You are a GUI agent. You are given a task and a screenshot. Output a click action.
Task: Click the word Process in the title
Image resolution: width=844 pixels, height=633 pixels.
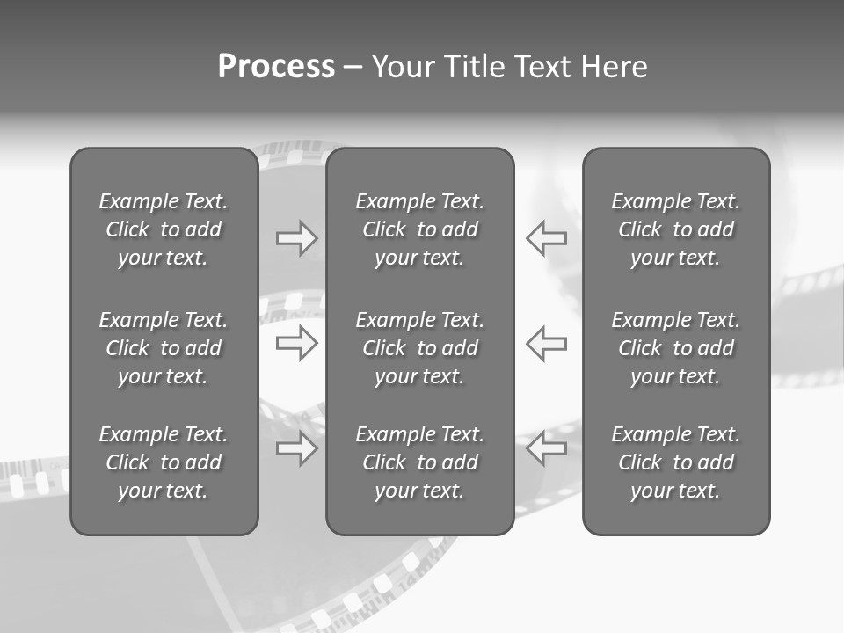pyautogui.click(x=276, y=67)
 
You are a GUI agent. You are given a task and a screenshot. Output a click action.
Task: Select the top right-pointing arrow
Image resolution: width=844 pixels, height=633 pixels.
pyautogui.click(x=297, y=238)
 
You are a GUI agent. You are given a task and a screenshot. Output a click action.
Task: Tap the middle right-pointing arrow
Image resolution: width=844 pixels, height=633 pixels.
pyautogui.click(x=297, y=343)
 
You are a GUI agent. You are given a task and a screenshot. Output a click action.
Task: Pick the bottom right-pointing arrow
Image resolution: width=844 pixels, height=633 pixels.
pyautogui.click(x=297, y=449)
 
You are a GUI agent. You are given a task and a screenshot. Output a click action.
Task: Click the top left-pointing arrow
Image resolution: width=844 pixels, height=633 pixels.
pyautogui.click(x=547, y=238)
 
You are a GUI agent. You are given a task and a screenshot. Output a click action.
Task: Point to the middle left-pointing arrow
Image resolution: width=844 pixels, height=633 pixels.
pyautogui.click(x=547, y=343)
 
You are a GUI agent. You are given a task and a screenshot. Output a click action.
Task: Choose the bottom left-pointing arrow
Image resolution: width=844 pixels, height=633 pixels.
pyautogui.click(x=547, y=449)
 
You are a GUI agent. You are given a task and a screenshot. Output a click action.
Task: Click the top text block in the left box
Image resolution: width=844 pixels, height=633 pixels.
pyautogui.click(x=164, y=229)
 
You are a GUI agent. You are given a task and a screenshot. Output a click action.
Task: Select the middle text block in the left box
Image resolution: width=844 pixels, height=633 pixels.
pyautogui.click(x=164, y=348)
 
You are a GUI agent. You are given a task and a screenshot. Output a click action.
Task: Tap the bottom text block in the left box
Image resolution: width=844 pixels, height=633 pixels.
pyautogui.click(x=164, y=462)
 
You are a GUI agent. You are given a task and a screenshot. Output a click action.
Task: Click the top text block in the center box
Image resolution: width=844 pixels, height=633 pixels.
pyautogui.click(x=420, y=229)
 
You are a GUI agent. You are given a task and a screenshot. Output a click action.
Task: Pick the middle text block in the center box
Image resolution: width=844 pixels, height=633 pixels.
pyautogui.click(x=420, y=348)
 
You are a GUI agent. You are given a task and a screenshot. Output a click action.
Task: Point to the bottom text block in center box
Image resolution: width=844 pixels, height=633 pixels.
pyautogui.click(x=420, y=462)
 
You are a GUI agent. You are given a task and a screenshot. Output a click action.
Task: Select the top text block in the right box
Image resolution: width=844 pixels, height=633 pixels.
pyautogui.click(x=676, y=229)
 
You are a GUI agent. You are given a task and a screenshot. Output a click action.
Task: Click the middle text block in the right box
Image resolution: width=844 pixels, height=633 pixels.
pyautogui.click(x=676, y=348)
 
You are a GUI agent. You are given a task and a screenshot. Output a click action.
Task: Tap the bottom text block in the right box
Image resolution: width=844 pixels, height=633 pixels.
pyautogui.click(x=676, y=462)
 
